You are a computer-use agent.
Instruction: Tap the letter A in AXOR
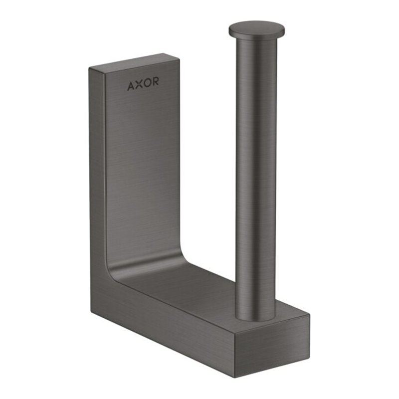pyautogui.click(x=131, y=86)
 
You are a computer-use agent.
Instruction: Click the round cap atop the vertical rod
pyautogui.click(x=257, y=29)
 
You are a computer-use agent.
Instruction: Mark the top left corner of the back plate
pyautogui.click(x=90, y=67)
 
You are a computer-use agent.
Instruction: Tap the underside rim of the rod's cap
pyautogui.click(x=257, y=36)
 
